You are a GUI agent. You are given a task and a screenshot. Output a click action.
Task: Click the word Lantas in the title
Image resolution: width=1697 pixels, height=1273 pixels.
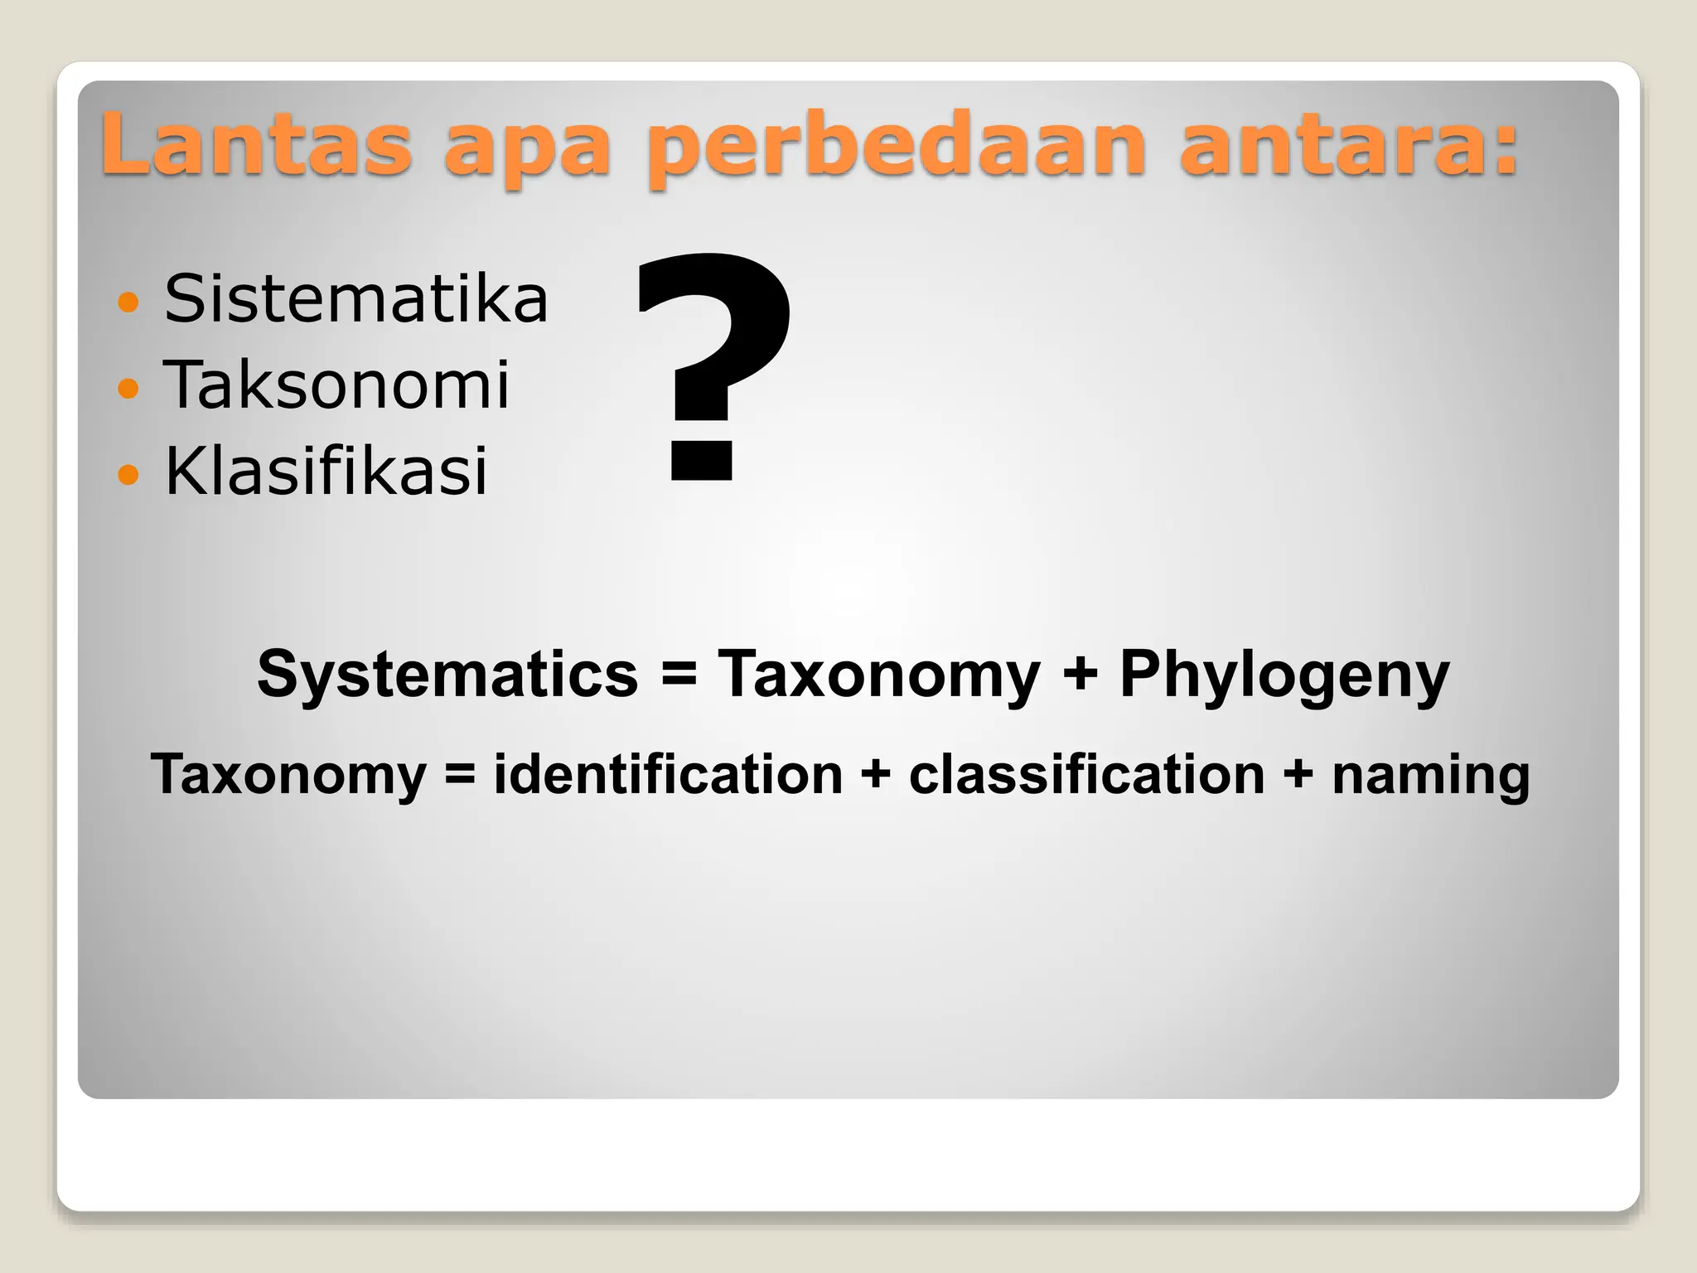coord(256,144)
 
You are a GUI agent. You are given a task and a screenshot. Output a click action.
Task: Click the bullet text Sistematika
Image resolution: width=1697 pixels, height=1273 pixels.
coord(356,298)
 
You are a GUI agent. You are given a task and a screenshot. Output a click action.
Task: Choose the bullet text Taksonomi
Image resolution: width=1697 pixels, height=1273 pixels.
coord(336,385)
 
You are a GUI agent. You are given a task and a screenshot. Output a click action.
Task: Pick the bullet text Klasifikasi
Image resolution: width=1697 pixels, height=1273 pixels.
coord(326,471)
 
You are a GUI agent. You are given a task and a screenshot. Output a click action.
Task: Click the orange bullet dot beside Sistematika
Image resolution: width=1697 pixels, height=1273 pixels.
coord(128,302)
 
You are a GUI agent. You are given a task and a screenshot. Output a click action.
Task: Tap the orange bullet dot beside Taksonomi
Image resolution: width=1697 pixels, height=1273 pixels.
coord(128,388)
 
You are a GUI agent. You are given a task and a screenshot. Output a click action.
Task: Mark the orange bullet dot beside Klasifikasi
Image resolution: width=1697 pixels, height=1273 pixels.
coord(128,474)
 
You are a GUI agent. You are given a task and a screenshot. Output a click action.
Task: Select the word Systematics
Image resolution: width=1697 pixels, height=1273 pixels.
coord(447,674)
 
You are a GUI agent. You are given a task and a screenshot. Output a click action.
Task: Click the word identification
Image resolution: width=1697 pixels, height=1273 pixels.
coord(668,774)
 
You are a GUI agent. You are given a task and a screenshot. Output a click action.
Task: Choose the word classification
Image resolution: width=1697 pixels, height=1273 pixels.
coord(1086,774)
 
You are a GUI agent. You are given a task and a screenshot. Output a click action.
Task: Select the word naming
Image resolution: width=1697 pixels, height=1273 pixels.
coord(1430,776)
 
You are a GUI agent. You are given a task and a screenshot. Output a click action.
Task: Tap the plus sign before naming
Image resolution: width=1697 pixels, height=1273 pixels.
coord(1298,776)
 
